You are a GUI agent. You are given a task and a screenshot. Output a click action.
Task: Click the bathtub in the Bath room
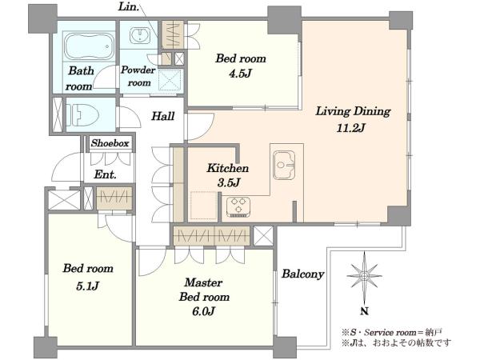89,46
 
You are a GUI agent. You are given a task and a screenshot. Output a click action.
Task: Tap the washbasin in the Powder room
140,35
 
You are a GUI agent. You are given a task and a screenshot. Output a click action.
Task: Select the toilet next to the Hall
82,114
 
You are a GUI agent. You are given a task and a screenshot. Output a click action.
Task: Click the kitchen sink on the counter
284,165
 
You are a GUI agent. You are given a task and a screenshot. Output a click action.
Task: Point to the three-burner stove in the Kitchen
238,206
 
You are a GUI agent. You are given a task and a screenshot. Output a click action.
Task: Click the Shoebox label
110,143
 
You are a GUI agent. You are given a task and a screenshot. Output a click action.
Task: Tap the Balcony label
302,274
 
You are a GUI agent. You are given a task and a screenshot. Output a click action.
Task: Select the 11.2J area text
350,128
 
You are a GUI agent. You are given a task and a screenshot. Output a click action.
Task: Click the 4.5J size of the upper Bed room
240,74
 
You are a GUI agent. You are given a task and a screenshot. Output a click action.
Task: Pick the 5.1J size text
87,286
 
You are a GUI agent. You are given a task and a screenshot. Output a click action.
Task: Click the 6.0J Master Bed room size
203,311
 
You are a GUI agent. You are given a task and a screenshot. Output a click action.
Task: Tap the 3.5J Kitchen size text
228,182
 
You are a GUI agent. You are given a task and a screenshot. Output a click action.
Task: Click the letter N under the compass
364,312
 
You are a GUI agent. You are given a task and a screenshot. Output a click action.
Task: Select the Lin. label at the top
129,7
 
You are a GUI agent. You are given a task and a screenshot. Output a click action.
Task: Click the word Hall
163,116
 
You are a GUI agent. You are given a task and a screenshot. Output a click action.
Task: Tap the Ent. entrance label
105,174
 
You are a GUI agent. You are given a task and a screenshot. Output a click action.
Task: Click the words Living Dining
353,111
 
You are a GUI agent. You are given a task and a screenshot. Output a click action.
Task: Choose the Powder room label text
138,76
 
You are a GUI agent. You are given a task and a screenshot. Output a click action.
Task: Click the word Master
203,282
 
